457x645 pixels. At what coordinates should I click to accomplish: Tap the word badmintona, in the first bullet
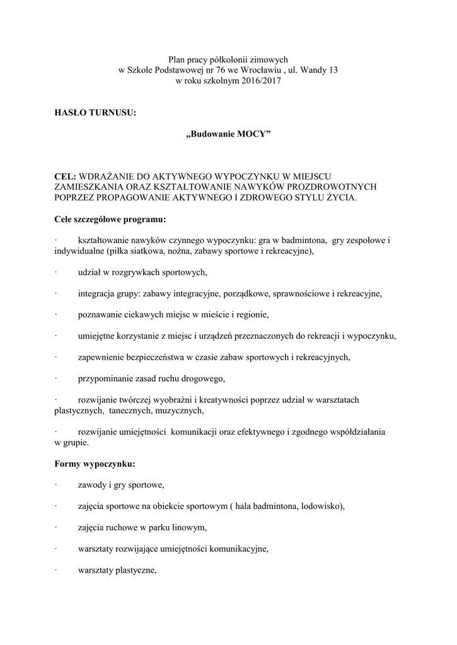click(x=300, y=241)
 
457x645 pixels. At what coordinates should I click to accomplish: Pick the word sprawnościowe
click(x=302, y=294)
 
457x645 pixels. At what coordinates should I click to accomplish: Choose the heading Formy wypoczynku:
click(x=95, y=464)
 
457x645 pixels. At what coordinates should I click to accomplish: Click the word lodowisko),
click(x=320, y=506)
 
